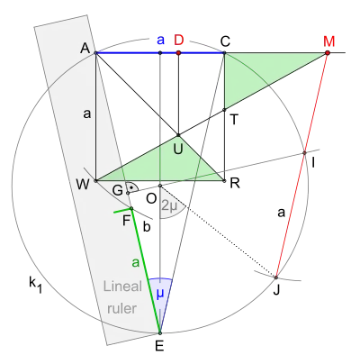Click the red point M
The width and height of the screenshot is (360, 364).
click(x=328, y=53)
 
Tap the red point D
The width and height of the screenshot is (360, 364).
click(x=178, y=53)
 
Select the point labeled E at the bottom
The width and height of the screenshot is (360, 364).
click(x=160, y=332)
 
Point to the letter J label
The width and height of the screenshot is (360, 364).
click(x=276, y=290)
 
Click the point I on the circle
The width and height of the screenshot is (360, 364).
click(x=304, y=153)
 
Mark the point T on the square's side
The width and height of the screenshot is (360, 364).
click(x=224, y=110)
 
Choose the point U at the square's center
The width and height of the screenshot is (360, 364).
click(x=178, y=135)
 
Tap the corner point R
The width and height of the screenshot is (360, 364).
click(x=224, y=181)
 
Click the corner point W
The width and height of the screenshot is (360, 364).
click(x=95, y=181)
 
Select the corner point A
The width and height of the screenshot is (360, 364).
click(x=95, y=53)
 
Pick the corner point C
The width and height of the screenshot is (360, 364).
click(x=224, y=53)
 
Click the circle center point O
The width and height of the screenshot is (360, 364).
click(x=160, y=186)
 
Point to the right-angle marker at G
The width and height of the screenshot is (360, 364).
click(x=133, y=187)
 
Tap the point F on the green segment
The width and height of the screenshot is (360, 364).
click(x=131, y=208)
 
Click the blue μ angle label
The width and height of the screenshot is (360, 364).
click(x=160, y=295)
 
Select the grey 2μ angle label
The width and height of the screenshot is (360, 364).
click(x=169, y=206)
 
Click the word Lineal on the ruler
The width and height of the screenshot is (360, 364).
click(x=122, y=287)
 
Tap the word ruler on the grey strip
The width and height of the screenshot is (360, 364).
click(x=122, y=308)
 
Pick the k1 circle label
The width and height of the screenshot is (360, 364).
click(x=35, y=285)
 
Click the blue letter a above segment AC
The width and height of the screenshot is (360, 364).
click(x=161, y=40)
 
